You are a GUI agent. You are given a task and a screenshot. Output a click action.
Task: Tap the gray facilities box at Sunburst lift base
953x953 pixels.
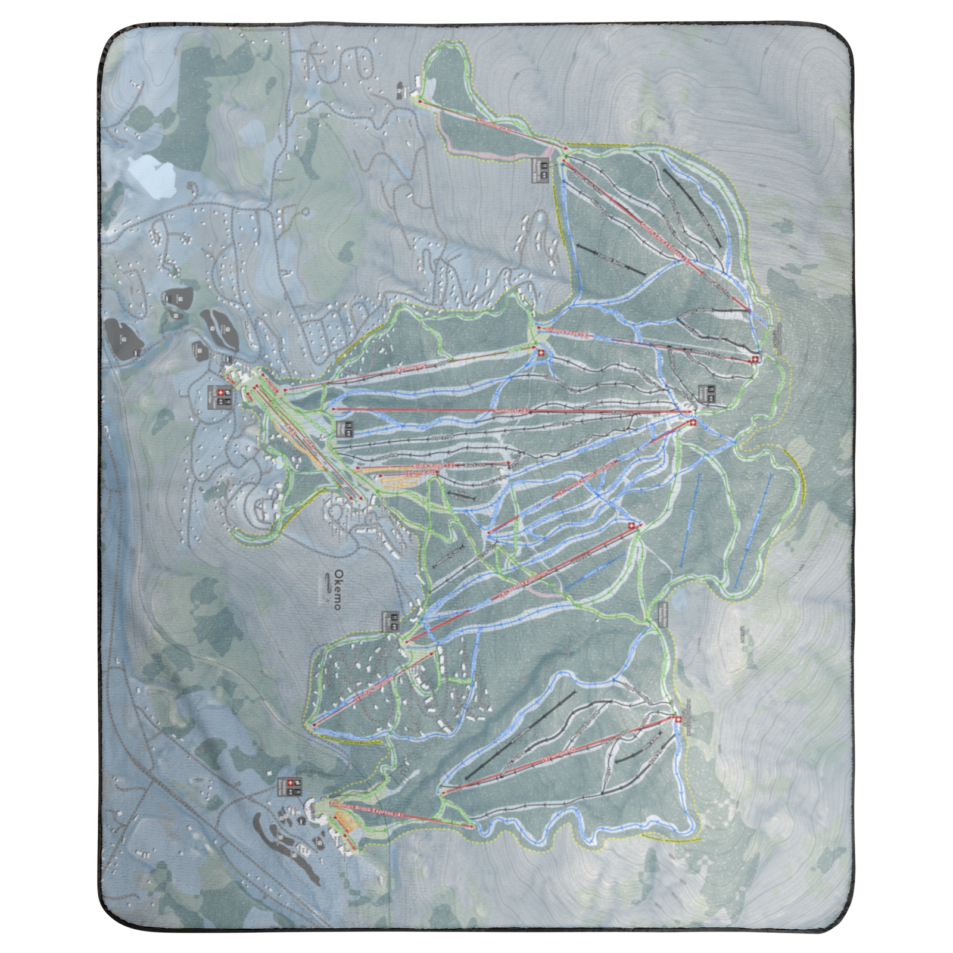click(344, 428)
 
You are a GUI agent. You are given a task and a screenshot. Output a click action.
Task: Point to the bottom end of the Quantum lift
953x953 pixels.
click(442, 793)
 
